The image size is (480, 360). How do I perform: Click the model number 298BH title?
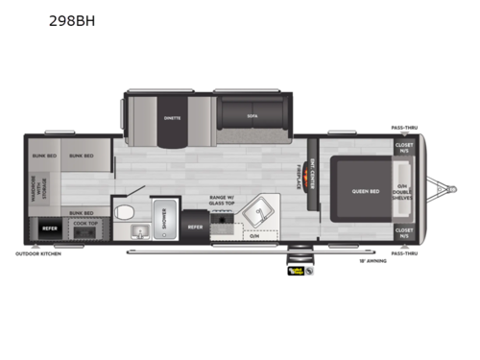(x=75, y=19)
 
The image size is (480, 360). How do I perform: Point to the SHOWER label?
(x=164, y=219)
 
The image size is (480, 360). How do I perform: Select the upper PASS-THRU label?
(x=404, y=127)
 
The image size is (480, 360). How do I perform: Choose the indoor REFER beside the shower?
(x=194, y=227)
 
